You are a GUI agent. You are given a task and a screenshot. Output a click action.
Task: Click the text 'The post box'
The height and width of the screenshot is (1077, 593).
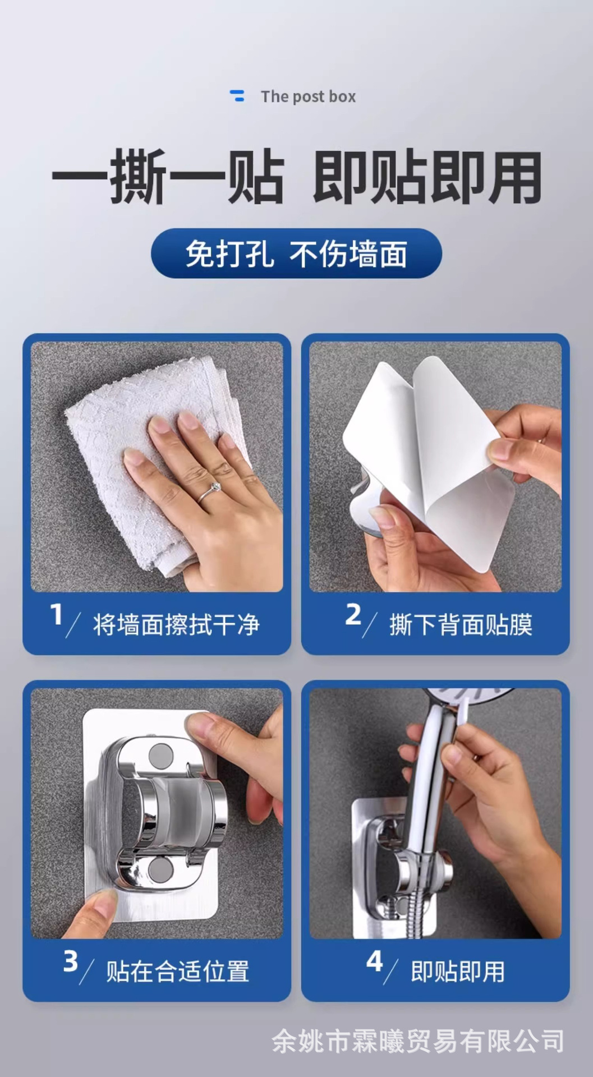(x=308, y=96)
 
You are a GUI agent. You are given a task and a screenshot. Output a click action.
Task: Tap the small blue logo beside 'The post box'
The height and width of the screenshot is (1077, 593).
(x=238, y=96)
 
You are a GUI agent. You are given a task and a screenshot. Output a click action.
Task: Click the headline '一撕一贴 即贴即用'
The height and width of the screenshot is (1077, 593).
(x=297, y=177)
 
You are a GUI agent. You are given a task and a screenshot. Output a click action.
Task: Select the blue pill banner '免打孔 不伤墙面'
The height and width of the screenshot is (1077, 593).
(x=296, y=254)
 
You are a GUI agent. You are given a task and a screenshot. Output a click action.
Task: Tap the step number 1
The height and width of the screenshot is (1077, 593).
(x=56, y=614)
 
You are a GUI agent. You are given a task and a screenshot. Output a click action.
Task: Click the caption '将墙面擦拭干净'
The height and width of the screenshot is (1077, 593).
(x=176, y=624)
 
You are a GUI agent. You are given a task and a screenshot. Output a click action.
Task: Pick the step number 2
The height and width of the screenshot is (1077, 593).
(x=353, y=614)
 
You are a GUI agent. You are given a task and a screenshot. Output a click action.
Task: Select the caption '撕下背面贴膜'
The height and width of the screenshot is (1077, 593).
(x=461, y=624)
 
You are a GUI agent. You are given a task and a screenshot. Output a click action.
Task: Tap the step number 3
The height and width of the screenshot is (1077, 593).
(x=70, y=961)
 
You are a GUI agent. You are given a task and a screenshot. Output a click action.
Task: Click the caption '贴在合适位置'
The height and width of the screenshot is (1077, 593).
(x=177, y=971)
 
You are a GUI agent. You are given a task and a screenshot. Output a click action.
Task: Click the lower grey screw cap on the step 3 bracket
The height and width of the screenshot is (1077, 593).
(x=161, y=869)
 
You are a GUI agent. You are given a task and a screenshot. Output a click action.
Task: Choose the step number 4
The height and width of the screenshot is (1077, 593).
(x=374, y=961)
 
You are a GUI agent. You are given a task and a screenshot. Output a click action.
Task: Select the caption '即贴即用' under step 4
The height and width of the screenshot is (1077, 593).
(x=458, y=971)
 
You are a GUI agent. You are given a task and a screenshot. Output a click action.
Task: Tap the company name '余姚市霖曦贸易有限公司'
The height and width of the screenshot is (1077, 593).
(x=418, y=1041)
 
